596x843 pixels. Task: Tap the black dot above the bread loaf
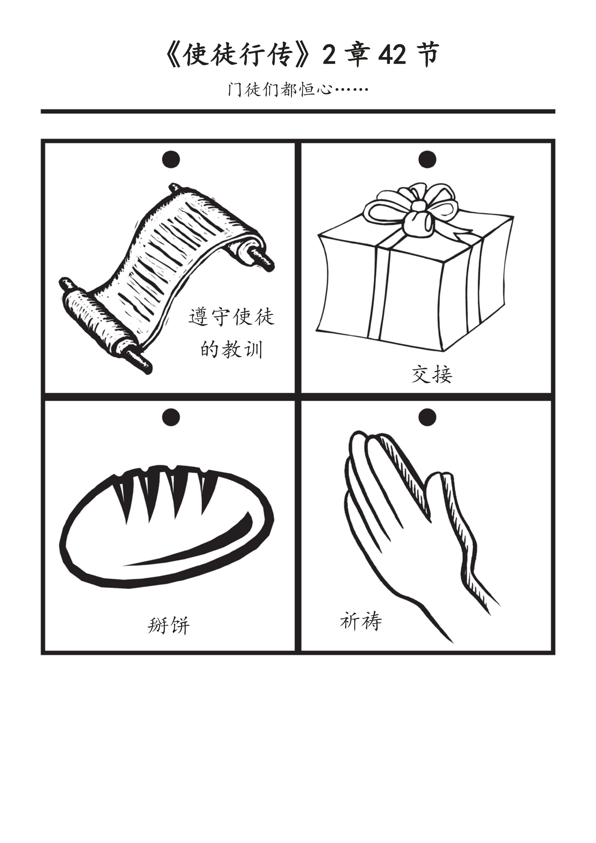tap(171, 417)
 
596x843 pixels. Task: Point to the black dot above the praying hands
tap(427, 417)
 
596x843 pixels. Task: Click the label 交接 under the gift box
tap(432, 374)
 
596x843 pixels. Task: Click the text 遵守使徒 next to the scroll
tap(231, 317)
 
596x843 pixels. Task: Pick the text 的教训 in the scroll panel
tap(231, 349)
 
